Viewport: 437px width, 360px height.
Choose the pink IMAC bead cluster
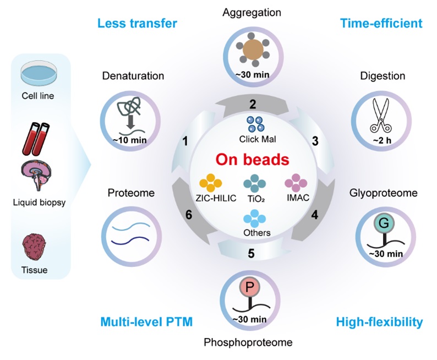click(x=296, y=182)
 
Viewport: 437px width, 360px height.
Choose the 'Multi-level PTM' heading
click(x=147, y=322)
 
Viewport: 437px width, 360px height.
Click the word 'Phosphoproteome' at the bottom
click(x=249, y=342)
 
